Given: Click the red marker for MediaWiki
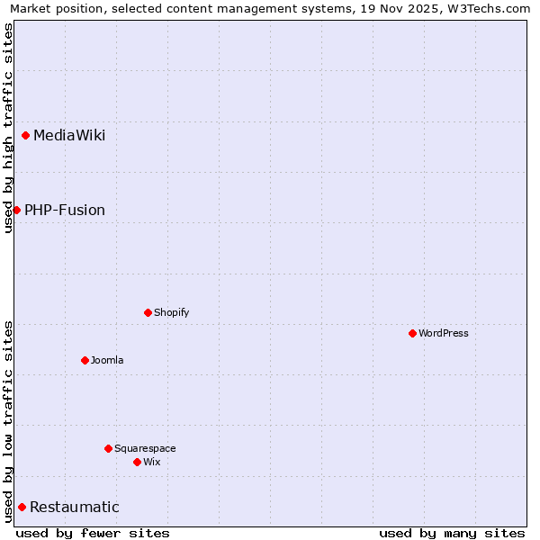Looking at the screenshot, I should (x=26, y=136).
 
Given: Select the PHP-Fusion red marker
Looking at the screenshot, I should (x=16, y=210).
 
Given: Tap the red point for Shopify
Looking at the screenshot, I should (x=148, y=313).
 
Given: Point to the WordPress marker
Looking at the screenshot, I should (x=413, y=333).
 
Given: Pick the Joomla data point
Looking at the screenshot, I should (x=85, y=360).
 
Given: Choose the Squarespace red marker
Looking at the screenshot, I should (x=109, y=448).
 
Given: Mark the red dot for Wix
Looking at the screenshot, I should (x=138, y=462).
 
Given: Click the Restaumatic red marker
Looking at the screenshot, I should (x=22, y=508).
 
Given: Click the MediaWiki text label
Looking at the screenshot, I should (x=69, y=136).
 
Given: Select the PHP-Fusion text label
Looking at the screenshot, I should (x=65, y=211).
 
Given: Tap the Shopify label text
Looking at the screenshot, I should (x=172, y=313).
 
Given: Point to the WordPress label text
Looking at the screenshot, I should (x=444, y=333).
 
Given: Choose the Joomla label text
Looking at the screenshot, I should (x=107, y=360).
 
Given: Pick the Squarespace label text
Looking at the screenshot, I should (x=145, y=448).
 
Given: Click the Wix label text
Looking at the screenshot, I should (x=152, y=462).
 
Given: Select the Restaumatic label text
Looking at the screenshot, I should (x=75, y=508).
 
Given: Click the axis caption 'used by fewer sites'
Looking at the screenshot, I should (x=93, y=534).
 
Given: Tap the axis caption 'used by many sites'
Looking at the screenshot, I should (x=452, y=534).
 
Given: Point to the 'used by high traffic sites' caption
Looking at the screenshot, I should (x=9, y=128).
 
